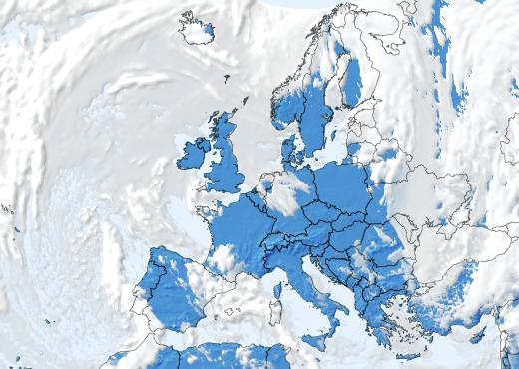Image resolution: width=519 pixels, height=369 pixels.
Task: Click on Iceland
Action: tap(196, 30)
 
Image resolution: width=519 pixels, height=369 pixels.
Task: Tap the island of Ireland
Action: tap(192, 155)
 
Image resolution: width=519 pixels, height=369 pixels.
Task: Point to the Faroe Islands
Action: tap(226, 77)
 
